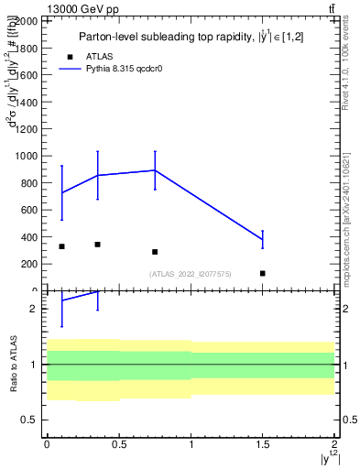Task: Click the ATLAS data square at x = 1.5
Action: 263,273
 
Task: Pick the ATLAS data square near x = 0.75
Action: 155,252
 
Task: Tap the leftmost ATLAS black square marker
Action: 61,246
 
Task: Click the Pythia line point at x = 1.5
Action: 263,239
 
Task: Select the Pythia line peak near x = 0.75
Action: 155,170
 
